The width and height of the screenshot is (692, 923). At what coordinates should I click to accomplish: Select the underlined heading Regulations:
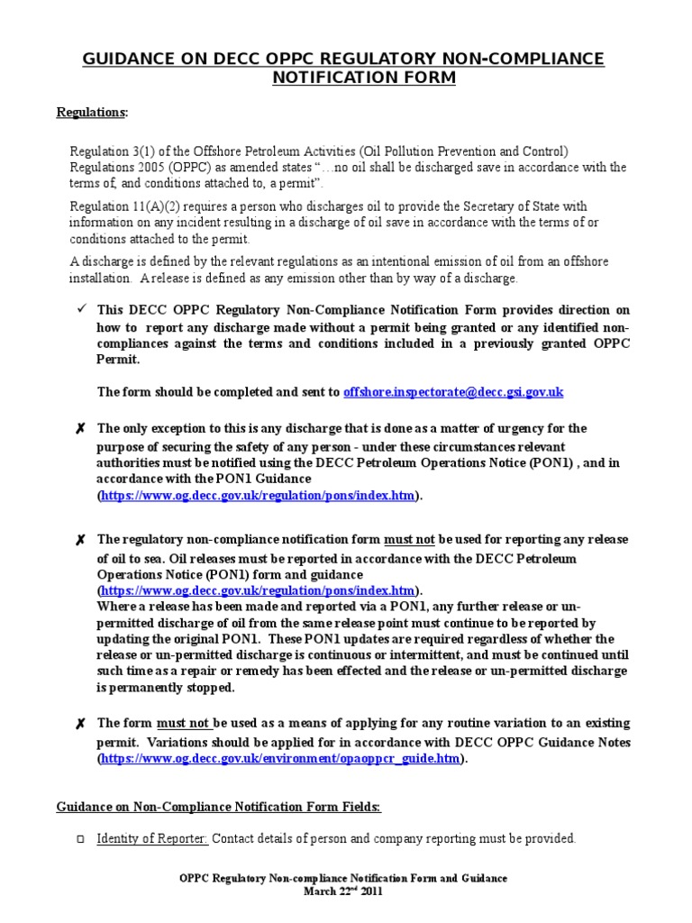click(92, 112)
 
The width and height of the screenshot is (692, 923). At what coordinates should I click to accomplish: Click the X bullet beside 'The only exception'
click(80, 429)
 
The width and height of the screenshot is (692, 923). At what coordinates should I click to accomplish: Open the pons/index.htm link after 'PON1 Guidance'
click(258, 496)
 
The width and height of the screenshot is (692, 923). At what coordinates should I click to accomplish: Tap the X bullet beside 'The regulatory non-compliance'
click(80, 540)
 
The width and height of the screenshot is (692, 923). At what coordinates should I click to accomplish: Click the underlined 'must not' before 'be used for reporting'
click(410, 540)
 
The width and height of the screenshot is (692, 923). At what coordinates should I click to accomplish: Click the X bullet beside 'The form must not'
click(80, 724)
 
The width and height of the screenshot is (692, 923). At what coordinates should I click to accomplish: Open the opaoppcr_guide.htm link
click(281, 759)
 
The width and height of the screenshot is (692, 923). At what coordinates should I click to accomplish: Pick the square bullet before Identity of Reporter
click(80, 839)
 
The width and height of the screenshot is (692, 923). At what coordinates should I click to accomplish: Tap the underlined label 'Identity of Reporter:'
click(152, 838)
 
